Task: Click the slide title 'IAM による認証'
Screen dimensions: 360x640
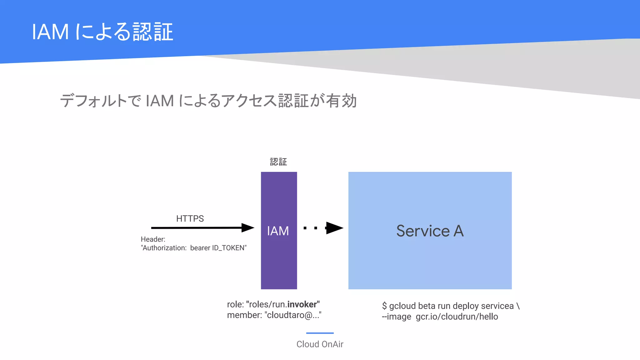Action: pyautogui.click(x=102, y=32)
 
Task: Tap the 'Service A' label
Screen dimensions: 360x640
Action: pyautogui.click(x=430, y=231)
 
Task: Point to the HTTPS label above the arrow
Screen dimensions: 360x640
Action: pyautogui.click(x=190, y=218)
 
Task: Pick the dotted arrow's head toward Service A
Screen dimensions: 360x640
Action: pyautogui.click(x=334, y=228)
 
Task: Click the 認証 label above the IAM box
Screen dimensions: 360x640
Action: pyautogui.click(x=278, y=162)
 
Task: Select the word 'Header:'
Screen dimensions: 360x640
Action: pyautogui.click(x=153, y=239)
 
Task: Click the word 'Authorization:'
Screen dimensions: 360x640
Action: pyautogui.click(x=164, y=248)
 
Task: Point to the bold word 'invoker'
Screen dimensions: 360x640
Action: pyautogui.click(x=302, y=304)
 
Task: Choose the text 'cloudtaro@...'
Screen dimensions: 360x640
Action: pyautogui.click(x=293, y=315)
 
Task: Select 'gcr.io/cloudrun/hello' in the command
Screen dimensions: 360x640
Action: pyautogui.click(x=457, y=317)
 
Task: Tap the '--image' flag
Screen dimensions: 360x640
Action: pyautogui.click(x=397, y=317)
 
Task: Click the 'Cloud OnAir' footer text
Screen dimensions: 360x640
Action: pyautogui.click(x=320, y=344)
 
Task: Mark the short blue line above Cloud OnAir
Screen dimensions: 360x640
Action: pyautogui.click(x=320, y=333)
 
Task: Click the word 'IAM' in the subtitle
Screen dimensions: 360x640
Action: pyautogui.click(x=160, y=101)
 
